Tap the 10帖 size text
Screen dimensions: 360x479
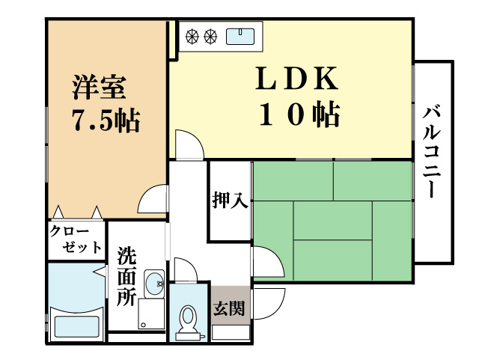click(x=299, y=115)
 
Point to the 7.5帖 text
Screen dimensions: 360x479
click(x=106, y=120)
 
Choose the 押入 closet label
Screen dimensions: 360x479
click(x=230, y=201)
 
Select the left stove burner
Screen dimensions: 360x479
click(x=193, y=34)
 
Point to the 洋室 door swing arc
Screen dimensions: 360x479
click(x=153, y=198)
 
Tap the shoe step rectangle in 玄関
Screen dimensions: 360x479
click(x=231, y=332)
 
